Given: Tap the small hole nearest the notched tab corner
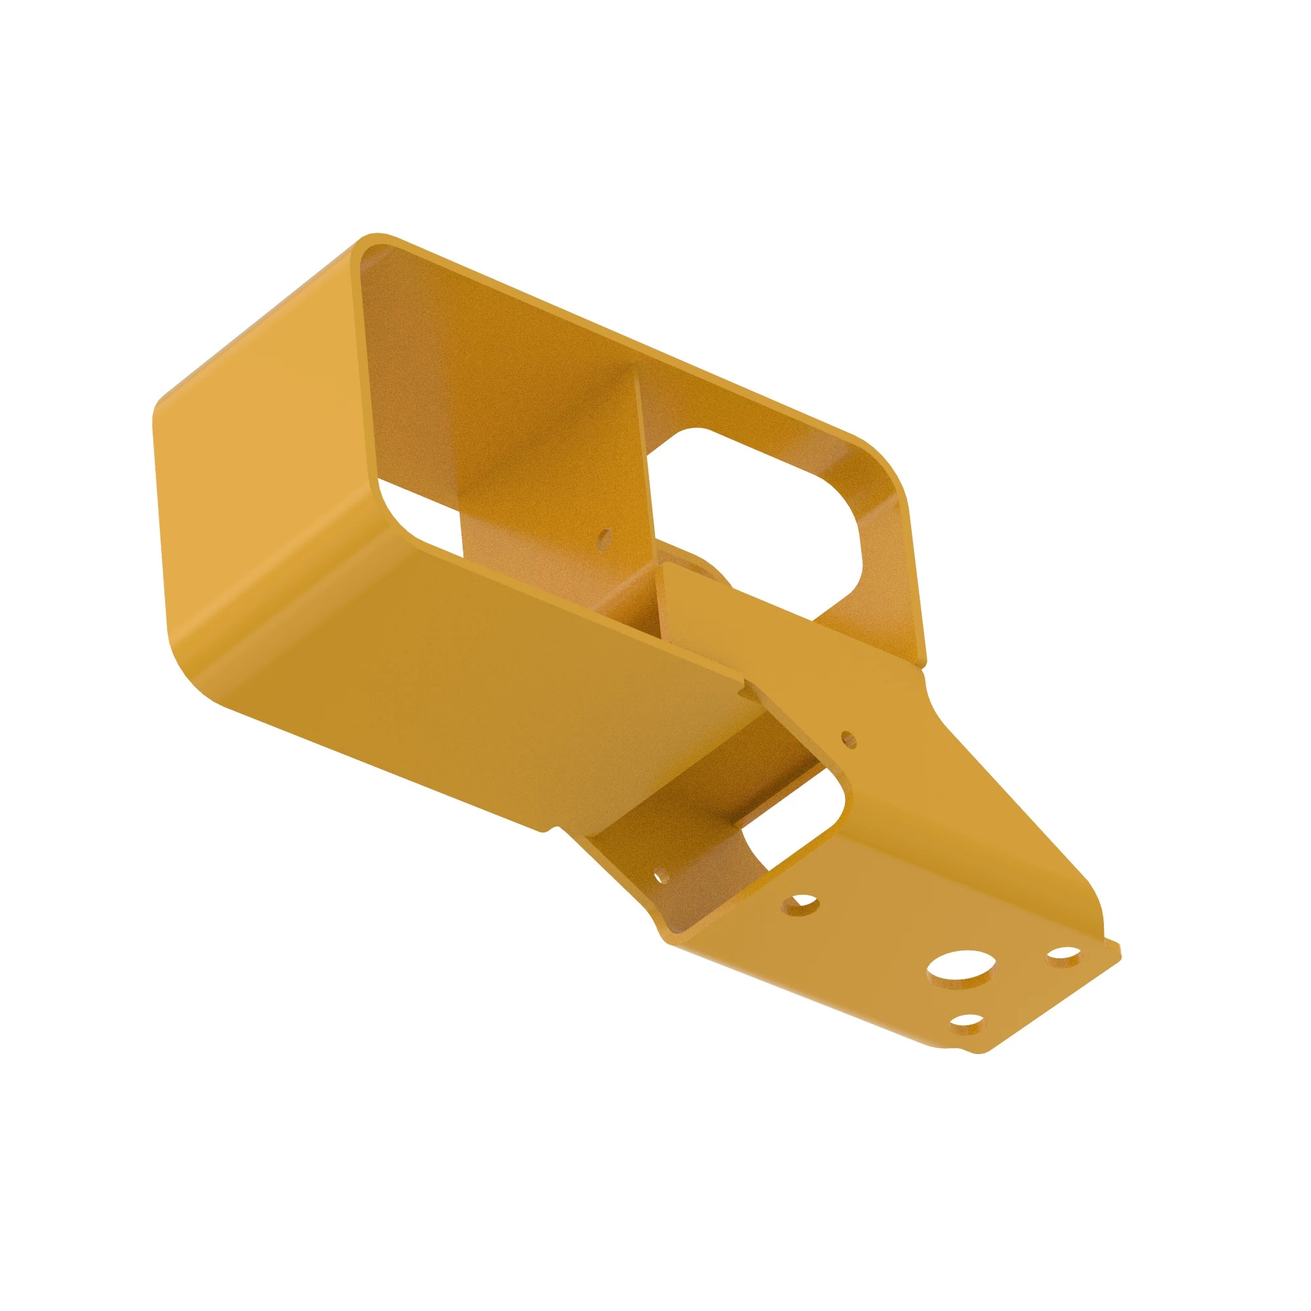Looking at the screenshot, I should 1063,956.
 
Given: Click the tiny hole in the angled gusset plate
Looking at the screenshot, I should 848,738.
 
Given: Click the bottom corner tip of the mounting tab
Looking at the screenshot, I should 977,1072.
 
